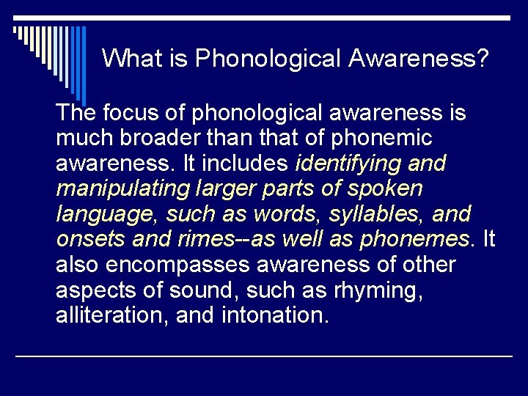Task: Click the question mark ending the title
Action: (x=481, y=58)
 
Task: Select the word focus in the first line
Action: (x=126, y=114)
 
